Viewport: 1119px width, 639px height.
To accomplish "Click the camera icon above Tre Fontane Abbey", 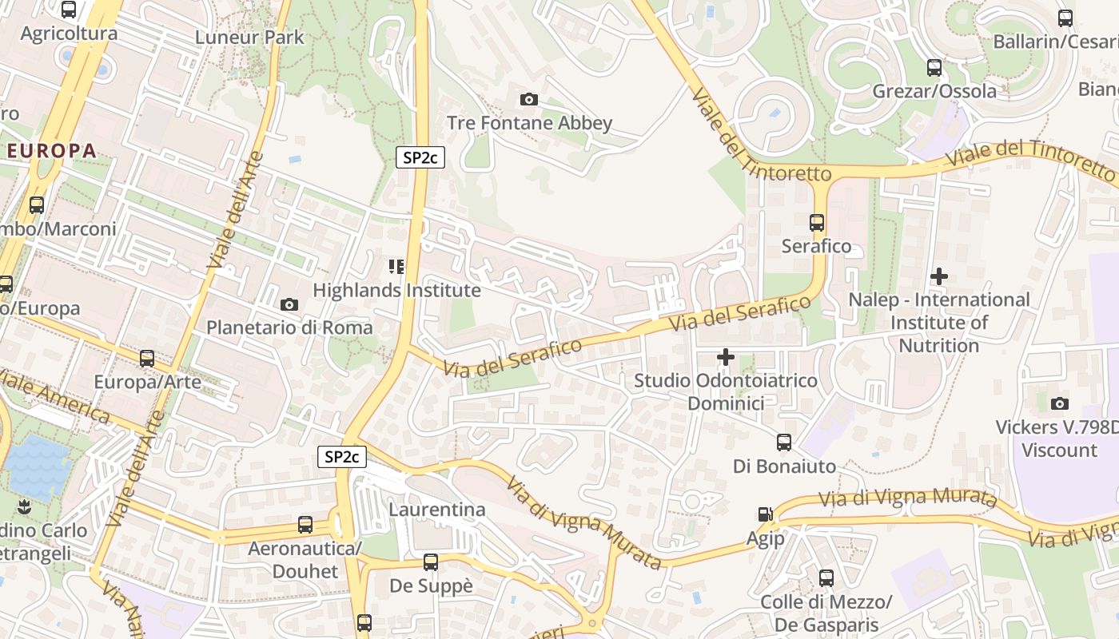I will point(528,100).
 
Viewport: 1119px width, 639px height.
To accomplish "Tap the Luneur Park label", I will point(249,37).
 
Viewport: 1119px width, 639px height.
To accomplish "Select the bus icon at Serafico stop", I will point(816,223).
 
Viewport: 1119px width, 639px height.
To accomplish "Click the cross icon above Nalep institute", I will point(939,276).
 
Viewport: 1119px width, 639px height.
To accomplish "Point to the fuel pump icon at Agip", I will point(766,515).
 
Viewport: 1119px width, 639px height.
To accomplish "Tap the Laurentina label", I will point(436,510).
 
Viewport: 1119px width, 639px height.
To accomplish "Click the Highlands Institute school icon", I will point(396,266).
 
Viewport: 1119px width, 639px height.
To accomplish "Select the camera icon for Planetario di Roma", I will point(289,304).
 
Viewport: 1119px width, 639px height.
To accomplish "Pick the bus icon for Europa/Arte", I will point(147,359).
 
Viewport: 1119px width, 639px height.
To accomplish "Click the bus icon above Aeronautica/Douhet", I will point(305,525).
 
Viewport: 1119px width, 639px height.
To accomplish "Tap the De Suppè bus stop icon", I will point(431,562).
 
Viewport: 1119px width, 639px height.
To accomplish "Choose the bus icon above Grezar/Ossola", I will point(934,68).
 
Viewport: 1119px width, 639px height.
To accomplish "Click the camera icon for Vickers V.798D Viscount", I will point(1059,403).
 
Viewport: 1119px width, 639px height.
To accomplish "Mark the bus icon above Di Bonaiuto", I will point(784,443).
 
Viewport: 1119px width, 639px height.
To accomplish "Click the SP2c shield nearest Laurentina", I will point(342,457).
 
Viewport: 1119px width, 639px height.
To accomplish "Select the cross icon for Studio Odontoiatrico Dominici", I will point(725,357).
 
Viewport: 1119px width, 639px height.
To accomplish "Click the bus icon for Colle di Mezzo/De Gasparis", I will point(826,577).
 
